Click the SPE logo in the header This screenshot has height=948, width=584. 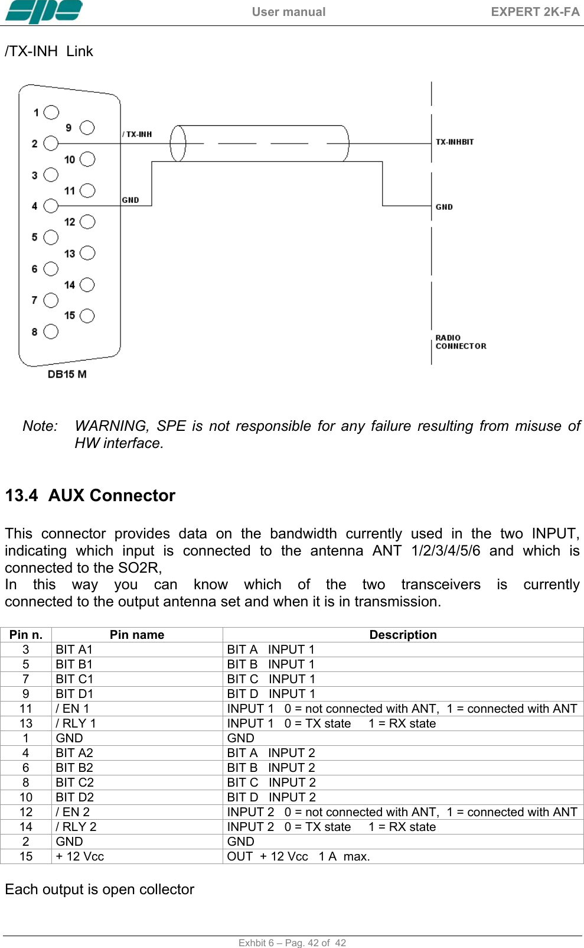[x=44, y=12]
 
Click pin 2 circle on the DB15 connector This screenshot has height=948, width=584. [x=51, y=144]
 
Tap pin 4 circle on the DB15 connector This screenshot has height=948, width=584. [x=51, y=206]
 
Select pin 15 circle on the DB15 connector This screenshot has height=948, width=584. [x=87, y=316]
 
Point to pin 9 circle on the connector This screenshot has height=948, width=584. [x=87, y=128]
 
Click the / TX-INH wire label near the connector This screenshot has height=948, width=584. [x=137, y=134]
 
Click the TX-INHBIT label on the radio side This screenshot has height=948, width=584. [x=455, y=142]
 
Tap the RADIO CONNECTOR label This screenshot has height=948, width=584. [x=461, y=342]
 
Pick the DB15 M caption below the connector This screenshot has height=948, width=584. [x=67, y=374]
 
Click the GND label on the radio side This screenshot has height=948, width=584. [x=444, y=207]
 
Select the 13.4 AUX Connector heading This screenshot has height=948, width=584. [x=90, y=495]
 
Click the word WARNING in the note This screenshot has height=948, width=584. [x=111, y=426]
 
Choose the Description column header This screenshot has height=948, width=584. [x=403, y=635]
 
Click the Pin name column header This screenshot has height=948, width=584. [x=137, y=635]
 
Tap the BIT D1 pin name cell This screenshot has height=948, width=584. [x=74, y=694]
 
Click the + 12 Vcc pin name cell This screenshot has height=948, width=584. [x=80, y=856]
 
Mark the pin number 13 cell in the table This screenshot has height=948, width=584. [x=26, y=723]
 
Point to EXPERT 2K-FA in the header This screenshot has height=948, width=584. [x=535, y=12]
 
